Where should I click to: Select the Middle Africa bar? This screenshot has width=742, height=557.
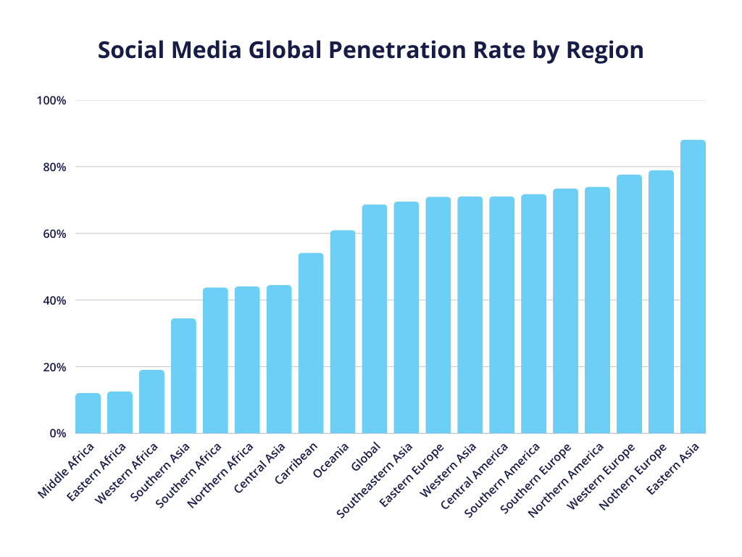tap(88, 413)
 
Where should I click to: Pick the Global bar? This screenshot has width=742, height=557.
tap(375, 319)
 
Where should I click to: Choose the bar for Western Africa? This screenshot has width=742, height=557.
tap(151, 402)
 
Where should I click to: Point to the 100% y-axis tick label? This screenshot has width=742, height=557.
tap(51, 101)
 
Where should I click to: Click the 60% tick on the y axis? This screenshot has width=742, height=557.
tap(54, 234)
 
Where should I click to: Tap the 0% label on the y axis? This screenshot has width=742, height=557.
tap(57, 434)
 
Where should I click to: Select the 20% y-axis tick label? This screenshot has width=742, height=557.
tap(54, 367)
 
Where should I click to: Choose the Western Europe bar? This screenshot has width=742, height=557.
tap(629, 304)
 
